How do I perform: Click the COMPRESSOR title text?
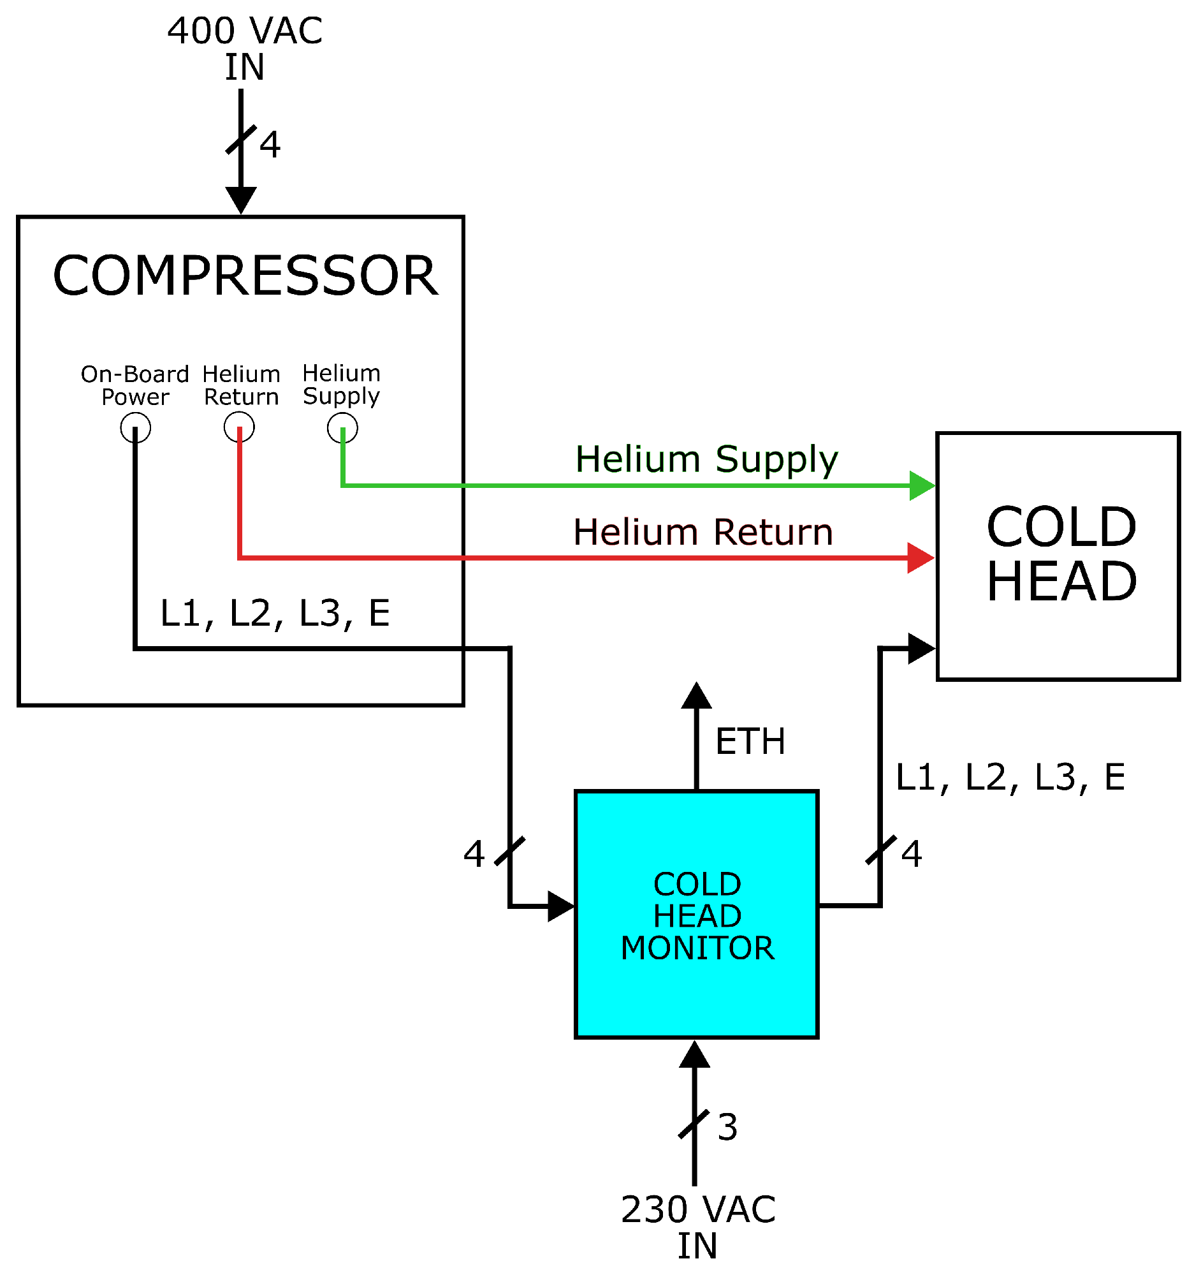pos(245,276)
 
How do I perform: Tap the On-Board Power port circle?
pos(135,427)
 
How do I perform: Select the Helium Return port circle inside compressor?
pos(239,427)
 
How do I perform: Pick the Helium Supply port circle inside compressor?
pos(342,427)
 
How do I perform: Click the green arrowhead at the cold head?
pos(922,486)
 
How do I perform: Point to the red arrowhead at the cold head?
pos(921,558)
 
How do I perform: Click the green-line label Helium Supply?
pos(706,459)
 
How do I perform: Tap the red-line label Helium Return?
pos(703,533)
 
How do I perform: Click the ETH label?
pos(750,742)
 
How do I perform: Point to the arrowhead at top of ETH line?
pos(696,696)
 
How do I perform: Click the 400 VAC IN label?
pos(245,48)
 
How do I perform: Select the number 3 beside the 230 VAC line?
pos(727,1127)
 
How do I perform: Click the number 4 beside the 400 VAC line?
pos(270,144)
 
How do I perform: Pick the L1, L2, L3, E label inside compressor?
pos(275,614)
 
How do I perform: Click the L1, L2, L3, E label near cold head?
pos(1010,777)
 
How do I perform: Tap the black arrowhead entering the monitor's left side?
pos(561,906)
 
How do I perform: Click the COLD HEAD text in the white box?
pos(1061,554)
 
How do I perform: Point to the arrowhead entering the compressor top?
pos(241,200)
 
